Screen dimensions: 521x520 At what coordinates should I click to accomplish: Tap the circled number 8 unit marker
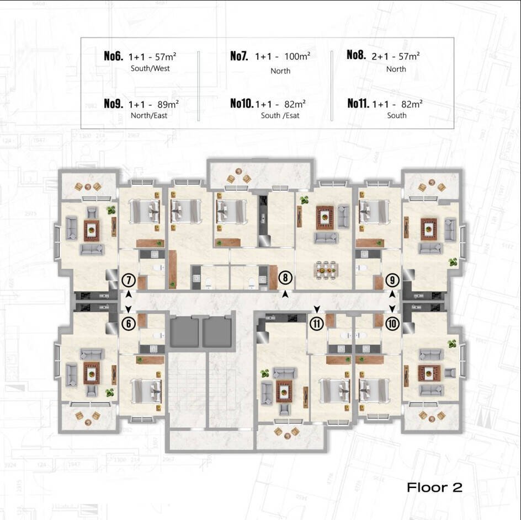pyautogui.click(x=285, y=277)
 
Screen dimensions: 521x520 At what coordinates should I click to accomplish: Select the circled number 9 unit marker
pyautogui.click(x=392, y=281)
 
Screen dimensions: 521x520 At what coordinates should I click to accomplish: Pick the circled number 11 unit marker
pyautogui.click(x=317, y=324)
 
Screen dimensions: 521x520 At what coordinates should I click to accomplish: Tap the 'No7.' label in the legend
pyautogui.click(x=239, y=56)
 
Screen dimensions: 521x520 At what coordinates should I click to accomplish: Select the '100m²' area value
pyautogui.click(x=297, y=56)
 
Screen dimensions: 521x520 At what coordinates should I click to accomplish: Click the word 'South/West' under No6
pyautogui.click(x=150, y=68)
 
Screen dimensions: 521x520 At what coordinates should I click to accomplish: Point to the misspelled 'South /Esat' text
pyautogui.click(x=280, y=116)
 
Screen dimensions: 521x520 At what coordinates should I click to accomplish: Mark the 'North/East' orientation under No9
pyautogui.click(x=149, y=116)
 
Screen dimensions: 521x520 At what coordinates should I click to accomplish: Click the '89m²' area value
pyautogui.click(x=168, y=104)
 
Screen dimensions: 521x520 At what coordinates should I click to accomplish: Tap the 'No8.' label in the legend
pyautogui.click(x=356, y=55)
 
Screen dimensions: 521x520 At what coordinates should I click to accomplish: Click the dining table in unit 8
pyautogui.click(x=326, y=269)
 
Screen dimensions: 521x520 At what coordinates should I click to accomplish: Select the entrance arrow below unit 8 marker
pyautogui.click(x=285, y=294)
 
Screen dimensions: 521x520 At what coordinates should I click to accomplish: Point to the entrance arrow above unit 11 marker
pyautogui.click(x=317, y=309)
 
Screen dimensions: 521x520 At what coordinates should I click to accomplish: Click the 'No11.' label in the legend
pyautogui.click(x=358, y=104)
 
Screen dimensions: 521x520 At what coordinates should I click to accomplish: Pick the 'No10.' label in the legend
pyautogui.click(x=242, y=104)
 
